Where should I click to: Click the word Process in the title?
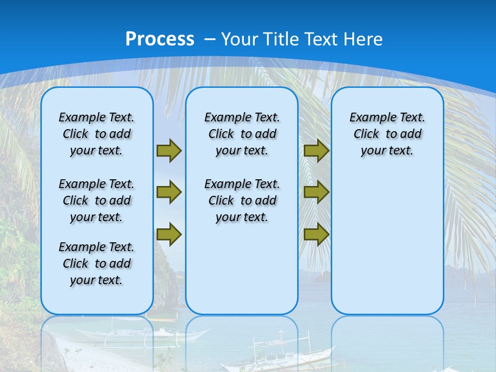click(x=160, y=39)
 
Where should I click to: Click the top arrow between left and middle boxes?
click(x=169, y=151)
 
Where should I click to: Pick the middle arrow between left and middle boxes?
click(x=169, y=192)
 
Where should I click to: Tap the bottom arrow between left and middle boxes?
click(x=169, y=235)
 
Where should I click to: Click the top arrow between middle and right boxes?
click(x=317, y=151)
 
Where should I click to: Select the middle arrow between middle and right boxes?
click(x=317, y=192)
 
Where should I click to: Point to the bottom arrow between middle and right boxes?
click(x=317, y=235)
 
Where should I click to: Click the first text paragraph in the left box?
click(x=97, y=134)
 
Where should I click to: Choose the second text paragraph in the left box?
click(x=97, y=200)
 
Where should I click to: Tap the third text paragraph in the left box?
click(x=97, y=263)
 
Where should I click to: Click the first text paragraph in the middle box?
click(x=242, y=134)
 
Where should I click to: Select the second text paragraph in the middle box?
click(x=242, y=200)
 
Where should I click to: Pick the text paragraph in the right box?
click(x=387, y=134)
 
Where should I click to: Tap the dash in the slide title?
click(x=210, y=39)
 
